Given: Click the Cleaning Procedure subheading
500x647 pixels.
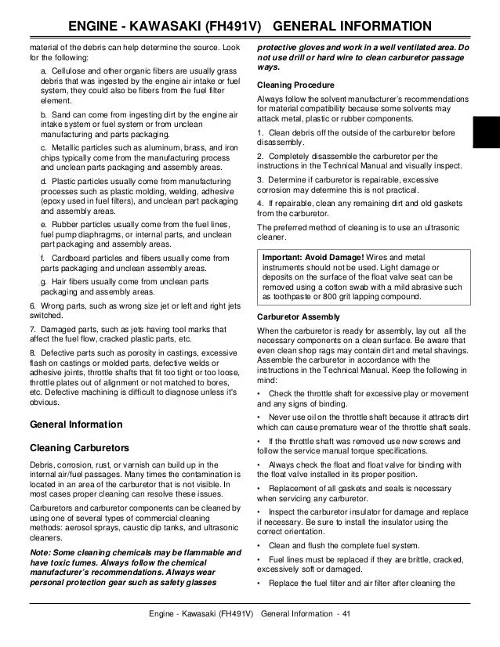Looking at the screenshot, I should point(295,84).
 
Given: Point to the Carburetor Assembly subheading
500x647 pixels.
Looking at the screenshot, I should point(299,316).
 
